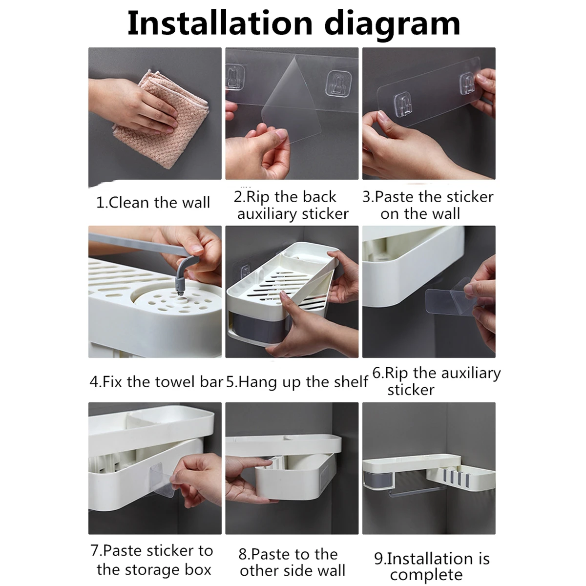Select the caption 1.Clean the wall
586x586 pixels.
153,202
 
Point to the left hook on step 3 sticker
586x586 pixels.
400,102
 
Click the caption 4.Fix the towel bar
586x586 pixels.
156,381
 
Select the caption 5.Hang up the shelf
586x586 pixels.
297,381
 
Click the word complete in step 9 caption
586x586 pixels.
426,575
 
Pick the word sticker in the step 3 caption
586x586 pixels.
470,197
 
